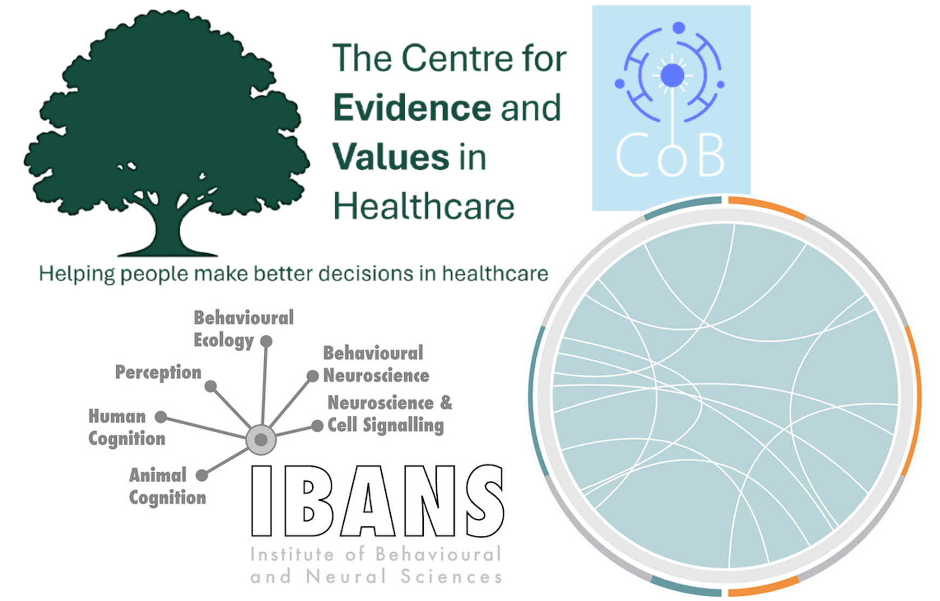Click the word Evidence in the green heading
(412, 107)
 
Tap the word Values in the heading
(391, 157)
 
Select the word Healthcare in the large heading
(424, 207)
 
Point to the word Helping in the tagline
(77, 274)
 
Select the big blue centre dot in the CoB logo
(672, 75)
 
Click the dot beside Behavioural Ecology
(266, 341)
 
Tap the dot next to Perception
(211, 386)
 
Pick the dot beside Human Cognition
(161, 417)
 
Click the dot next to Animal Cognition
(202, 475)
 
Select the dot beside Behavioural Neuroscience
(312, 376)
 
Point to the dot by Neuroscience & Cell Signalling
(317, 426)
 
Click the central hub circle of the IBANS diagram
(261, 440)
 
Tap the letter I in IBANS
(262, 501)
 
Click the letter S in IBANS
(485, 501)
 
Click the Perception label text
(158, 373)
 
